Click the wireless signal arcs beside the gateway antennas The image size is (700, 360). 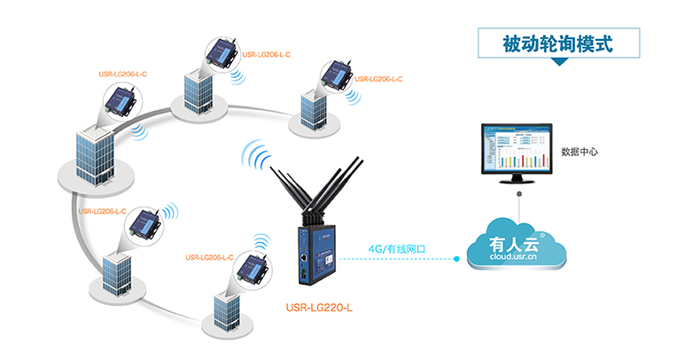[255, 158]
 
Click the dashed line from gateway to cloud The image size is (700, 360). [399, 260]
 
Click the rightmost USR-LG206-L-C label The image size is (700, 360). [378, 78]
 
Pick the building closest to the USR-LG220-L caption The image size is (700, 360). [225, 307]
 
